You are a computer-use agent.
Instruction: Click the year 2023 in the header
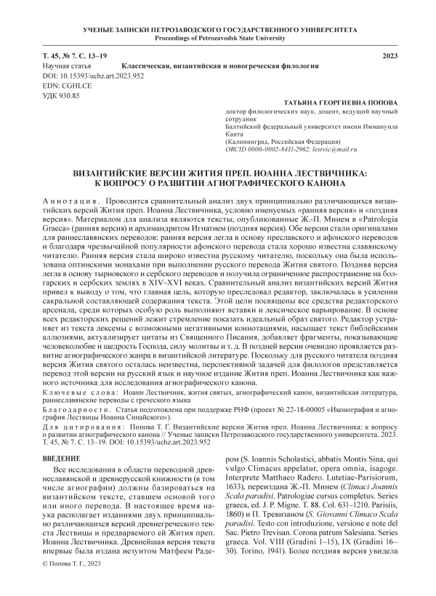click(x=390, y=56)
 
